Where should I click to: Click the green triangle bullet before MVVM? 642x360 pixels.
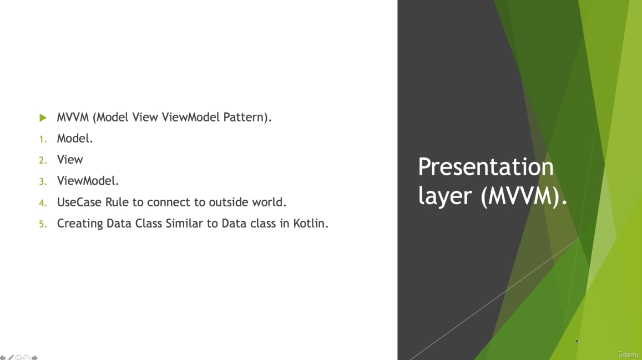click(43, 118)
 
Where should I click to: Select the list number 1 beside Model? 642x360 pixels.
click(43, 139)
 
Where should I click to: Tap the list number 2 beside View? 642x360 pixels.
click(43, 160)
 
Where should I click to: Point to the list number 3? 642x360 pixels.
click(43, 181)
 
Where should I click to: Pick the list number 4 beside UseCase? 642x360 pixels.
click(43, 203)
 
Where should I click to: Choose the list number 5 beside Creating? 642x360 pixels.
click(43, 224)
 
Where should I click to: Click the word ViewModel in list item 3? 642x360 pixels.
click(86, 181)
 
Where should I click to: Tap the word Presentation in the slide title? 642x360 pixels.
click(486, 168)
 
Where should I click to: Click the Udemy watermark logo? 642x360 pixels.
click(629, 354)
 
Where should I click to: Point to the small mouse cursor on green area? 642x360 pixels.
click(577, 341)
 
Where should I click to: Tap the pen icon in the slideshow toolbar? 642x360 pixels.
click(11, 358)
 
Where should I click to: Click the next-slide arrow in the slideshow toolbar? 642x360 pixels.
click(34, 358)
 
